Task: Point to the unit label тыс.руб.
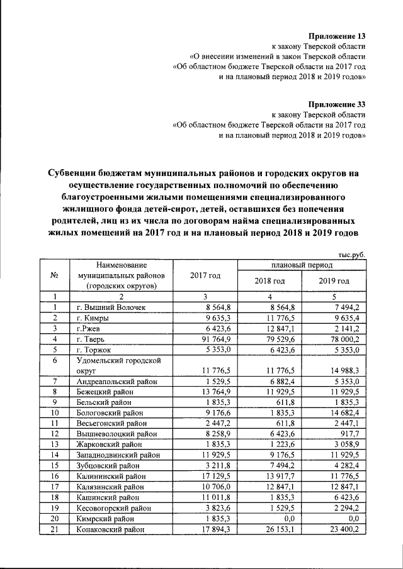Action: [x=352, y=254]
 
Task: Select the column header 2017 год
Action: [x=205, y=275]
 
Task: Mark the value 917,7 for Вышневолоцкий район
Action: [x=349, y=433]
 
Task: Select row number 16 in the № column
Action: [x=55, y=476]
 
